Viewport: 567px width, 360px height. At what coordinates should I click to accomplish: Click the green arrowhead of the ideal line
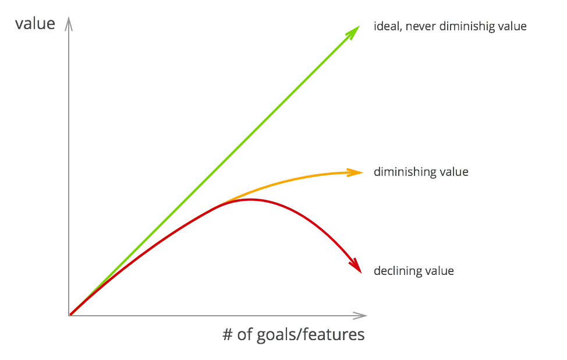[x=355, y=33]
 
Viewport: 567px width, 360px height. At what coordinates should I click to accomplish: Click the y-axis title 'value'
[x=35, y=24]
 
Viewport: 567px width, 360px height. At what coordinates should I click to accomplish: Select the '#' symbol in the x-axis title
[x=228, y=335]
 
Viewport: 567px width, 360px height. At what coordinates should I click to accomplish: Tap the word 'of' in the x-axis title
[x=244, y=335]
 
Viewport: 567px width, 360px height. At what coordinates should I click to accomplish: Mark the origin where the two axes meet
[x=69, y=315]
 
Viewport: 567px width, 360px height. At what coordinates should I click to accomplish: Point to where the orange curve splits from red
[x=224, y=203]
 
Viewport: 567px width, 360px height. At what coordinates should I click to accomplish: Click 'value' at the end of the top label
[x=513, y=27]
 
